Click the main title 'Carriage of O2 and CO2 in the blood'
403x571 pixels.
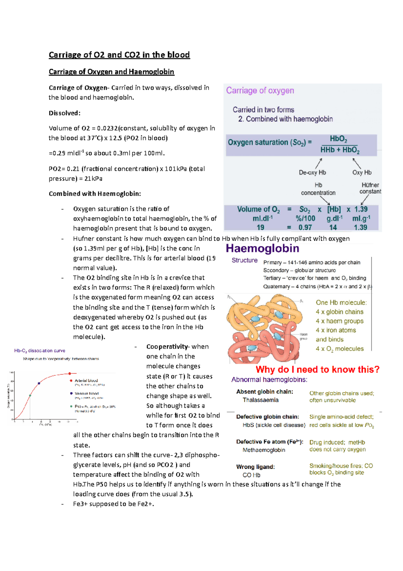(119, 55)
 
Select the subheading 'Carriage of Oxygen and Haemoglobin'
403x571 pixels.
(111, 72)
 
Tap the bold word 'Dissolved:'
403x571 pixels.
(64, 113)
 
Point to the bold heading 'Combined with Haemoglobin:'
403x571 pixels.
(95, 194)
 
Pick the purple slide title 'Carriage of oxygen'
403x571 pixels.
(260, 90)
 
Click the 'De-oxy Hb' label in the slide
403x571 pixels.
(312, 173)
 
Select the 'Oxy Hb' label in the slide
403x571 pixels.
(362, 173)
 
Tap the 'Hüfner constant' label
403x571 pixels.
(370, 188)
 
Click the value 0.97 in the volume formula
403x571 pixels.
(305, 228)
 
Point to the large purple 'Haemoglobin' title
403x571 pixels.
(262, 249)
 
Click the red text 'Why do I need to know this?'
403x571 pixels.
(317, 370)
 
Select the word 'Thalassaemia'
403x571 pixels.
(261, 400)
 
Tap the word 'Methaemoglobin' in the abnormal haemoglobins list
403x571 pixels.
(264, 450)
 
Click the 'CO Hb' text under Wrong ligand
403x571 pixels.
(251, 475)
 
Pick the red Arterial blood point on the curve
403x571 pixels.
(70, 374)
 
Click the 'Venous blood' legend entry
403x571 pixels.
(86, 393)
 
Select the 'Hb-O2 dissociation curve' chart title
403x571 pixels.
(40, 351)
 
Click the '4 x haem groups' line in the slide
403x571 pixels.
(339, 321)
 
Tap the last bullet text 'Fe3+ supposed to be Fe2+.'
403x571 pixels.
(114, 504)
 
